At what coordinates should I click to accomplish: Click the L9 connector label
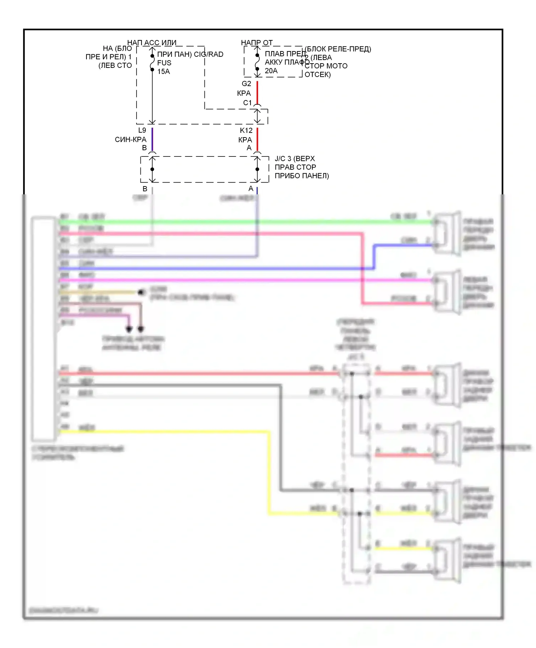142,130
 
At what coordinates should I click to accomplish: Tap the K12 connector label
246,130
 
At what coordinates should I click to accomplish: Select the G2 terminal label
247,84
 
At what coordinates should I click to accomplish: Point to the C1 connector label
248,103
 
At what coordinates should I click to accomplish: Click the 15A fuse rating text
164,71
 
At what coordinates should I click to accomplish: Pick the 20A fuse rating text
271,71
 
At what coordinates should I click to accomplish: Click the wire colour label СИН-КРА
130,140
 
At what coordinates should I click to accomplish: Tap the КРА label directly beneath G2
244,93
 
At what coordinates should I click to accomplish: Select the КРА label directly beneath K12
245,140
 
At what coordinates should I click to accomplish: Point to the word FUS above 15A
164,63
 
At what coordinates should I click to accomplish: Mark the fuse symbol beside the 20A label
257,62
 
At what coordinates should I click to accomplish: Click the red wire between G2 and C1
257,92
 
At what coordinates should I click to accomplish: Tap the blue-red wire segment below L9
152,139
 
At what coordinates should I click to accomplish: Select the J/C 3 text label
283,159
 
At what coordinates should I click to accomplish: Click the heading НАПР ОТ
257,43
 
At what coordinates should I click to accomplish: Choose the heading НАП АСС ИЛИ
152,43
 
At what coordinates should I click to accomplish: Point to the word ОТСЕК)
318,75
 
